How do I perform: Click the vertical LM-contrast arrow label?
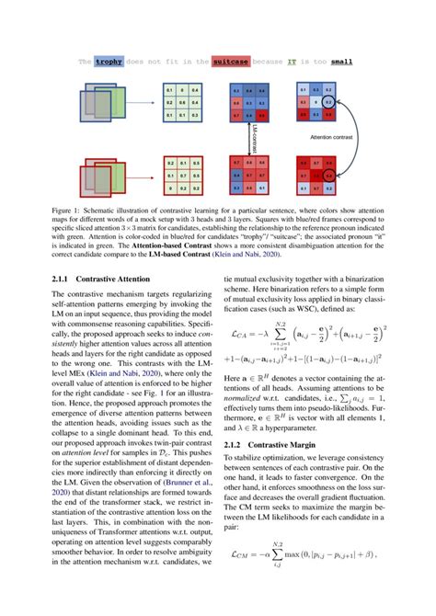click(253, 132)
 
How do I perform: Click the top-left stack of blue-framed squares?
click(107, 103)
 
